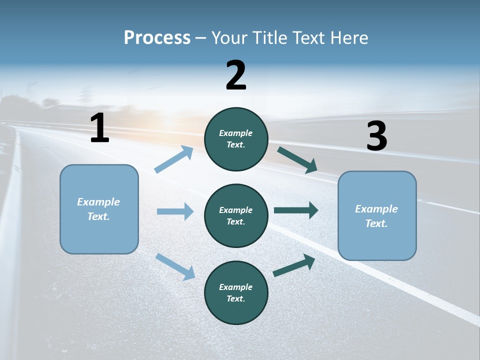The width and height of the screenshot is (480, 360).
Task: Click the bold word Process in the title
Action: pos(157,37)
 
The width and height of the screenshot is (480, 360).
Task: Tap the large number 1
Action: pos(99,128)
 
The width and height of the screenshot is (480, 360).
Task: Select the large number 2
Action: pos(236,75)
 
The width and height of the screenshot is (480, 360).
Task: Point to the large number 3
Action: pos(376,136)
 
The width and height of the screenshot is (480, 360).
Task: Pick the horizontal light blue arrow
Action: pos(175,211)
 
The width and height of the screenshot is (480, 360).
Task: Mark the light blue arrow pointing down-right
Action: pos(175,266)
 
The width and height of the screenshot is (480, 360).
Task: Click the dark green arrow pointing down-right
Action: pos(297,159)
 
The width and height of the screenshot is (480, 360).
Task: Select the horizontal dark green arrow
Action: pos(296,210)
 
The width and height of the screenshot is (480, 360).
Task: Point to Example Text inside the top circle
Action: pos(236,139)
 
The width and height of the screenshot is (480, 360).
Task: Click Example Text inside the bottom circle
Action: pos(236,293)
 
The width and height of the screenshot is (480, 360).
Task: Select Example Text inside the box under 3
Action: pos(377,216)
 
